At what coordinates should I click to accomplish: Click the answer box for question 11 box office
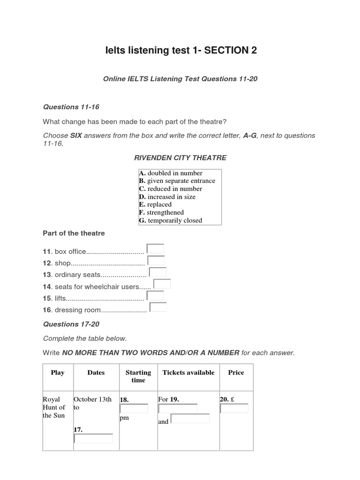point(155,249)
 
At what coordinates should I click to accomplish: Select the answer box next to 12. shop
point(156,261)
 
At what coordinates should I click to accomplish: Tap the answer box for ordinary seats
point(158,272)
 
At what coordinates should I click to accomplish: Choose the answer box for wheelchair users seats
point(162,284)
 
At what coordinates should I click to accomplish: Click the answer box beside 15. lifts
point(155,296)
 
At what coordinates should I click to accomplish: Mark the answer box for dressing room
point(158,307)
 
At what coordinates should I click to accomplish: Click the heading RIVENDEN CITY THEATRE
point(180,158)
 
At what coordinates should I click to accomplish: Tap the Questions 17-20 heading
point(71,324)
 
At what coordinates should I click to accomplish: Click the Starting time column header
point(138,376)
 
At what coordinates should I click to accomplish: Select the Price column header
point(236,373)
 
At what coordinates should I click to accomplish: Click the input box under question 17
point(93,439)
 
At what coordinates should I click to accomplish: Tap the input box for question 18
point(134,409)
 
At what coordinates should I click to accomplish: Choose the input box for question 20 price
point(234,409)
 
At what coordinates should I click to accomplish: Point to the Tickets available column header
point(188,373)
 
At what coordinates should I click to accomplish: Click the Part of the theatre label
point(74,233)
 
